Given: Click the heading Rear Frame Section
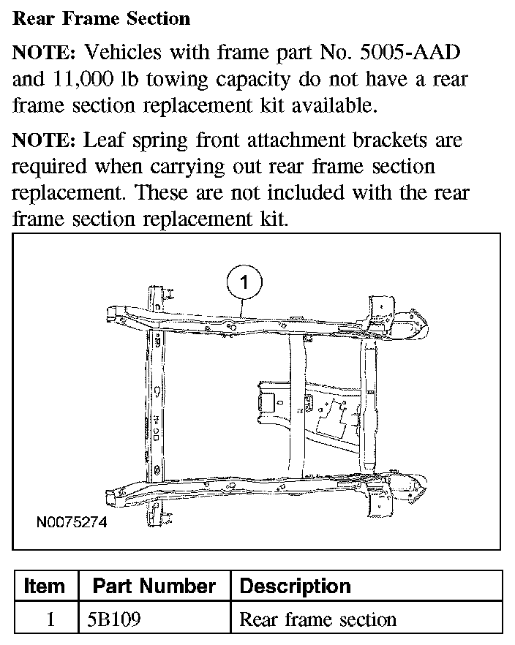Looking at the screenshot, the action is [101, 18].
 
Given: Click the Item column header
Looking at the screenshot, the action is [45, 586].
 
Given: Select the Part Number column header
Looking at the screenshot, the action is [154, 586].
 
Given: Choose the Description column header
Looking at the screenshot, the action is [296, 586].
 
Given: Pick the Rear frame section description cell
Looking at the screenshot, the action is [317, 619].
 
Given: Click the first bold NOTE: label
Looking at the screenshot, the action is [45, 53].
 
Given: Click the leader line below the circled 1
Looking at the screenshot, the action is [242, 308].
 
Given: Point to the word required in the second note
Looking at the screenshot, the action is [50, 167].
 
